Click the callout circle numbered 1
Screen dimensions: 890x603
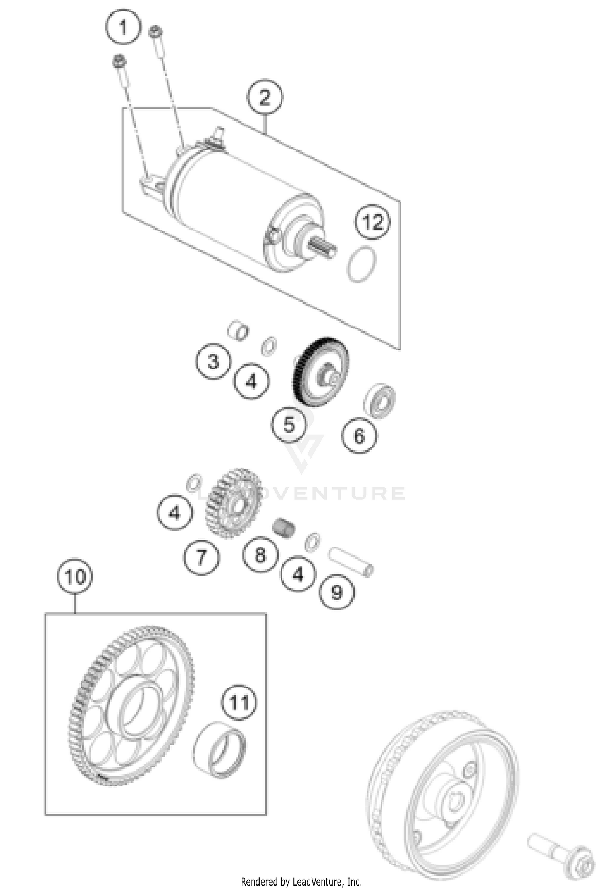(123, 27)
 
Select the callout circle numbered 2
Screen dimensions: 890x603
(265, 97)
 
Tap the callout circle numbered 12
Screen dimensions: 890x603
(372, 222)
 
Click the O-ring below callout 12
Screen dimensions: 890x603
(362, 264)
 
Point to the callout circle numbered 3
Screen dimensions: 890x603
(213, 361)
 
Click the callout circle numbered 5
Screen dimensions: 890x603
(289, 424)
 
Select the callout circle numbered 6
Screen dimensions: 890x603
(359, 436)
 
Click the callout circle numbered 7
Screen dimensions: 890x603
(201, 557)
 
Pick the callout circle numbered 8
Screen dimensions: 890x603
(260, 555)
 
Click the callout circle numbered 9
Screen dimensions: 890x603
(336, 592)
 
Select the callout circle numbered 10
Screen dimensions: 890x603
(75, 576)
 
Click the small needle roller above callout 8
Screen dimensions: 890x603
(284, 527)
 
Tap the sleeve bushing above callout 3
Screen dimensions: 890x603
(238, 331)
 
